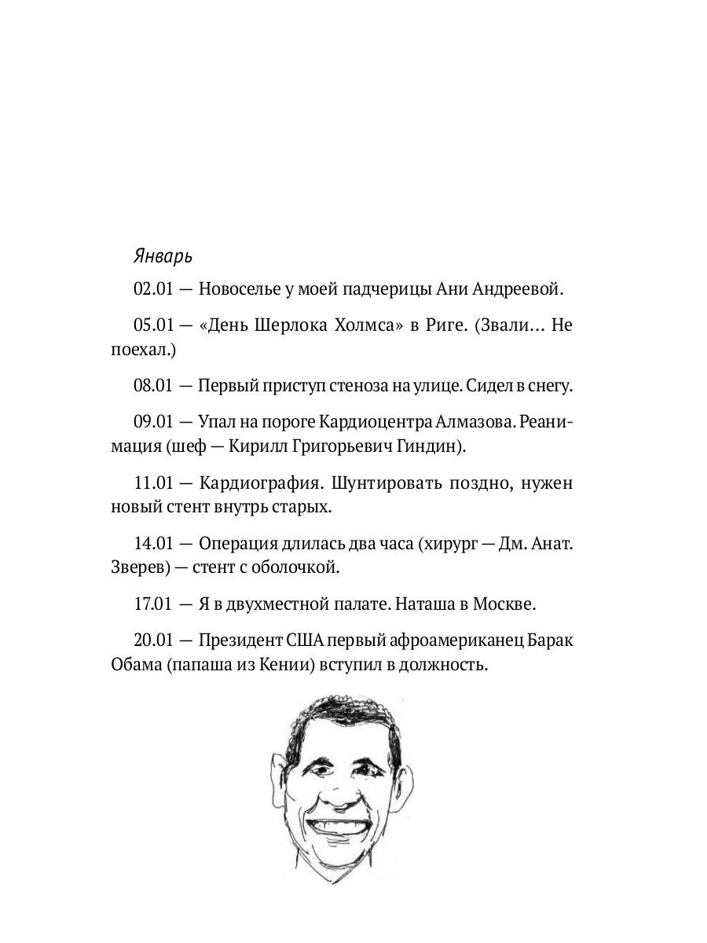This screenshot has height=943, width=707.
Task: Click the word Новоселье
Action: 236,289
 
